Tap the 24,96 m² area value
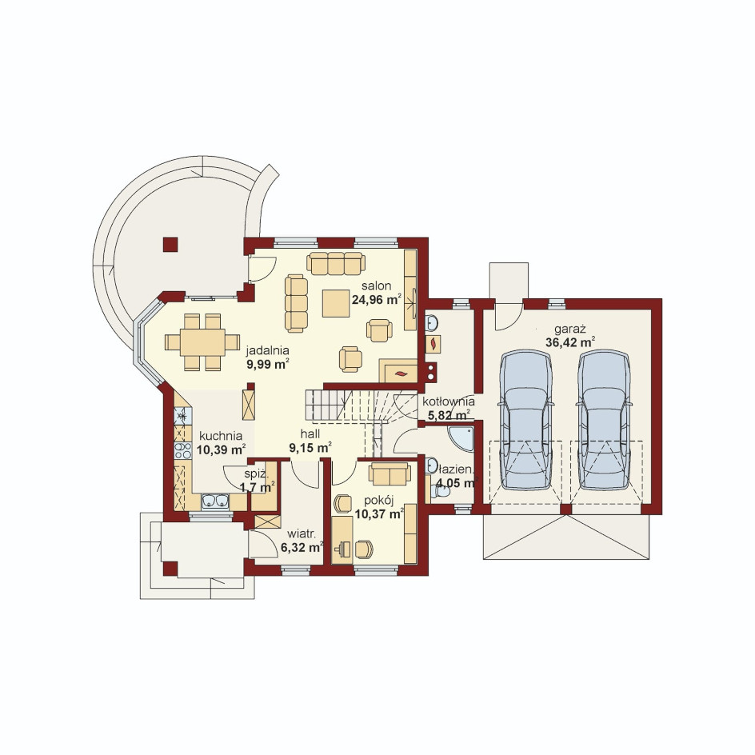pos(377,300)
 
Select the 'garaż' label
pos(569,330)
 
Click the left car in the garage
pos(525,419)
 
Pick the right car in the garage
pos(604,419)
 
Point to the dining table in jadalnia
pos(202,342)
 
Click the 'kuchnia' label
pos(221,436)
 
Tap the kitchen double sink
pos(215,501)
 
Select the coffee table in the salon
pos(336,302)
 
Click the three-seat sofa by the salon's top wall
pos(335,262)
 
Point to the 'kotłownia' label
pos(448,401)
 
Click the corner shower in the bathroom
pos(461,438)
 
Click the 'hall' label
pos(310,433)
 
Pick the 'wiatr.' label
pos(302,533)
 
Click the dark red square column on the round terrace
pos(170,245)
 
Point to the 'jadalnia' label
pos(267,350)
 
